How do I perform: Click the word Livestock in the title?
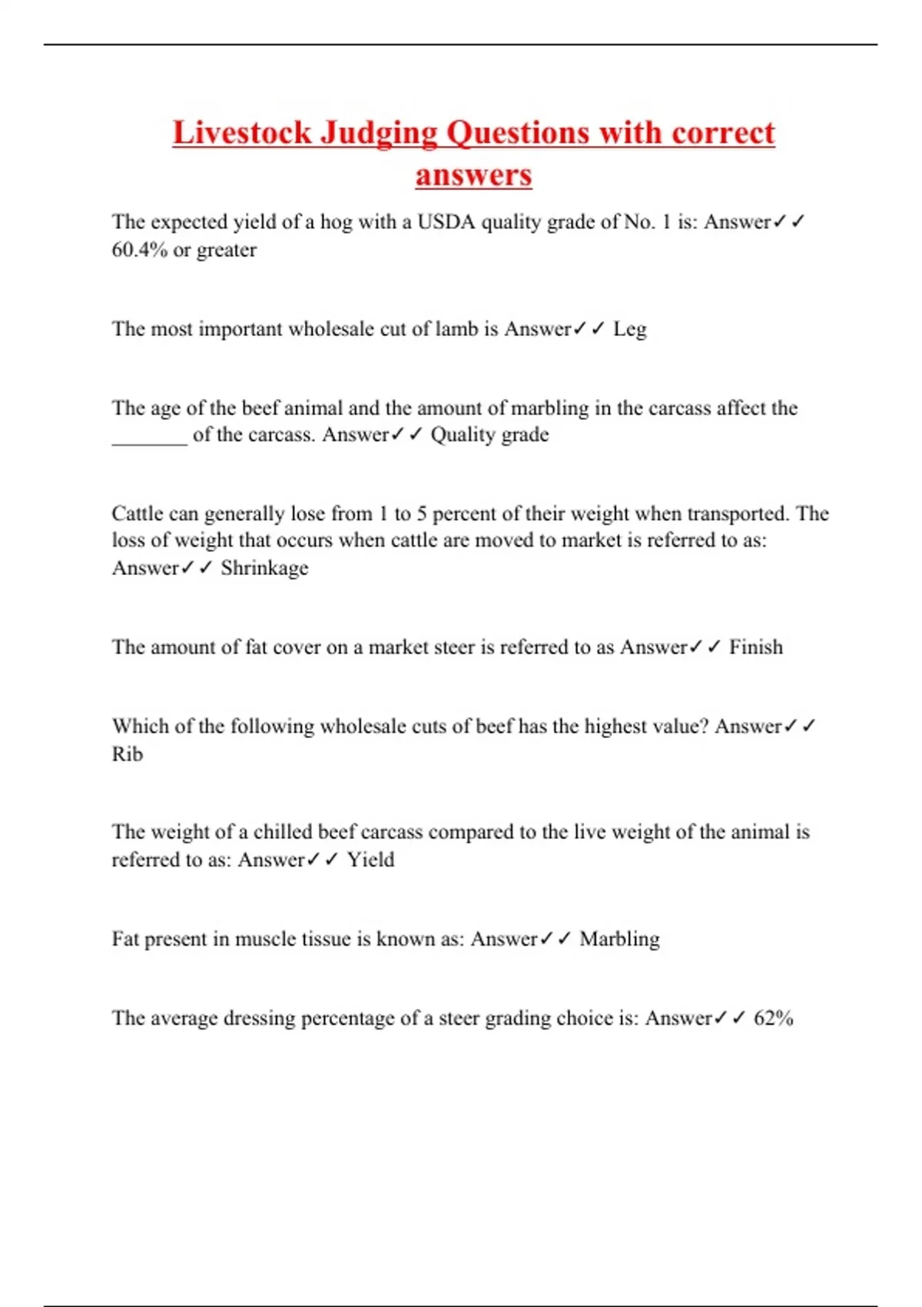pos(242,132)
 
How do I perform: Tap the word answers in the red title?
pos(473,175)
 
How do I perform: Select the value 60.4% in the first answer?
pos(140,250)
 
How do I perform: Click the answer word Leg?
pos(630,329)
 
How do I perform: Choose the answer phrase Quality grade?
pos(489,435)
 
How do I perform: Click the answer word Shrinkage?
pos(264,568)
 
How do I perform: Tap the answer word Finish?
pos(755,647)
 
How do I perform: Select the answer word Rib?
pos(128,754)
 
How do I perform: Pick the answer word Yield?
pos(370,860)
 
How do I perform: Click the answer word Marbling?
pos(619,939)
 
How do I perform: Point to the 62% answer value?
pos(773,1018)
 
